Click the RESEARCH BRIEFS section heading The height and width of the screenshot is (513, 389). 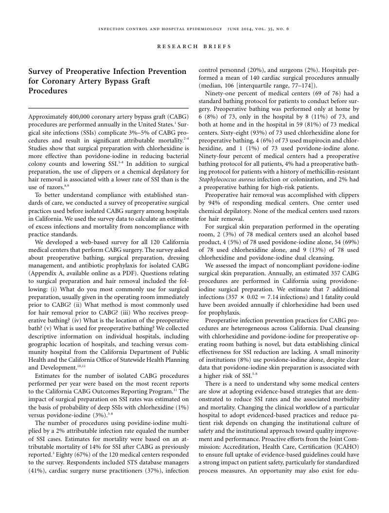pos(194,47)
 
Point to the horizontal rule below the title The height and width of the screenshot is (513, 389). pos(108,108)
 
